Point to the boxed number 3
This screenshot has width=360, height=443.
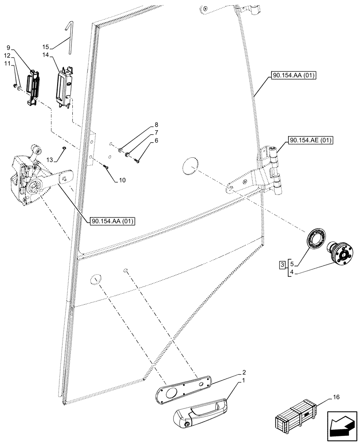pos(282,265)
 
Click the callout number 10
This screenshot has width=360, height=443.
pos(122,181)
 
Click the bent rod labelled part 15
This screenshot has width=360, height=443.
pos(70,38)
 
